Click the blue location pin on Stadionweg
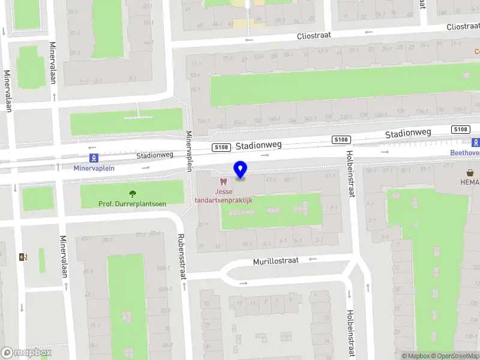click(x=241, y=170)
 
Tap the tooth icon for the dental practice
click(x=223, y=181)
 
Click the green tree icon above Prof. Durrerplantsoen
click(x=132, y=194)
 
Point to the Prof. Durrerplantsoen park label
click(x=132, y=204)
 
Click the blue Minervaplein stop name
click(x=94, y=168)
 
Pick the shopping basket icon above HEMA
click(x=470, y=172)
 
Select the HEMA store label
click(x=470, y=182)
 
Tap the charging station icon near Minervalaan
click(x=23, y=257)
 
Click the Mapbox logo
click(x=26, y=352)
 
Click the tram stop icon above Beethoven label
click(x=476, y=143)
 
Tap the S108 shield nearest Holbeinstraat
click(x=341, y=140)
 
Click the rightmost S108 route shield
click(x=460, y=130)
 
